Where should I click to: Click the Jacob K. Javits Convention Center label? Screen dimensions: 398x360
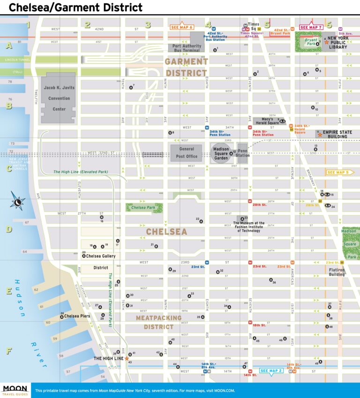58,98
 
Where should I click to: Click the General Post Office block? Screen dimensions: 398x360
186,153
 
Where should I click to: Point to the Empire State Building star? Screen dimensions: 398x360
320,135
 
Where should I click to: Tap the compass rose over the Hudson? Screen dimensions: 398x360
18,202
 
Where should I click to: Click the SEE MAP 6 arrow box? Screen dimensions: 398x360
182,27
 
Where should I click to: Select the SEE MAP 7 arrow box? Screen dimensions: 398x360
310,27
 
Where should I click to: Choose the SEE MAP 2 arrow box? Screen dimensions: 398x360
271,371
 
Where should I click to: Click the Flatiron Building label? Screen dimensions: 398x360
336,273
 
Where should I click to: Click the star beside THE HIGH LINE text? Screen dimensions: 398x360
127,358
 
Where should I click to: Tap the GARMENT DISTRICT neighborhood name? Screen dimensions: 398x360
186,67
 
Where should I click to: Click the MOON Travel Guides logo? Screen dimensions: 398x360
15,390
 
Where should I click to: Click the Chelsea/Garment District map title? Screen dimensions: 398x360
75,8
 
